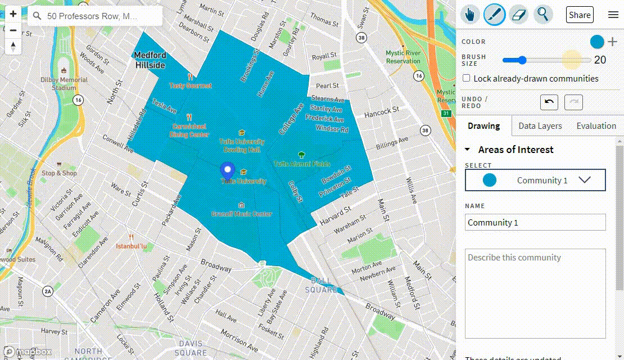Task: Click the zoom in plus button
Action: (13, 14)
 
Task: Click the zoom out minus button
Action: (13, 30)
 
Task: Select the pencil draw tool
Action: (495, 15)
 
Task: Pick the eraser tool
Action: (518, 15)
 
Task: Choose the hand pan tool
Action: (471, 15)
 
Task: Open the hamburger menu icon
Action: (613, 15)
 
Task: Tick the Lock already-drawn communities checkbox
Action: (466, 79)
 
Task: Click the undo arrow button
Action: (549, 102)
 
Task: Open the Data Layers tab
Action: (540, 126)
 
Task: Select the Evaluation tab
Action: (596, 126)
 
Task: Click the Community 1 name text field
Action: (535, 222)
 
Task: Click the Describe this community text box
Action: (535, 292)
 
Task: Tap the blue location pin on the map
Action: (227, 170)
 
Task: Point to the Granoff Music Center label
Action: (242, 214)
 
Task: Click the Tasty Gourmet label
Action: (191, 85)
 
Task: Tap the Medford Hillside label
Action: (150, 60)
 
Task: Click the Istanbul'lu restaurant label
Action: (131, 246)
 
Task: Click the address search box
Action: (96, 16)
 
